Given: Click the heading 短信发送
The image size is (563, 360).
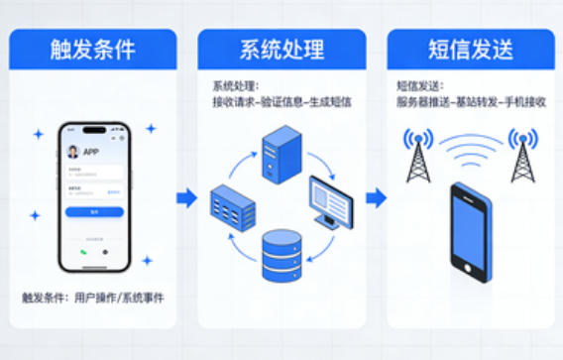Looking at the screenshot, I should pyautogui.click(x=469, y=50).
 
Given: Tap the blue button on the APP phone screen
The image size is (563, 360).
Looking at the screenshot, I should pyautogui.click(x=94, y=212).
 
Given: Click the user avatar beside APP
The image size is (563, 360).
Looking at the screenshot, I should pyautogui.click(x=72, y=152).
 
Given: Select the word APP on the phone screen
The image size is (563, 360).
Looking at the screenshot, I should pyautogui.click(x=91, y=152).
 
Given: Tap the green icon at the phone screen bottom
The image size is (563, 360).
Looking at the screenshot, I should pyautogui.click(x=84, y=252).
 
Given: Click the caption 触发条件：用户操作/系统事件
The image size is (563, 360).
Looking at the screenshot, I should pyautogui.click(x=92, y=298).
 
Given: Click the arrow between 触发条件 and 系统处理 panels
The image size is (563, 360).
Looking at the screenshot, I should pyautogui.click(x=186, y=198).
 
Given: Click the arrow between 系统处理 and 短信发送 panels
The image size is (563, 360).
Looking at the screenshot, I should pyautogui.click(x=376, y=198).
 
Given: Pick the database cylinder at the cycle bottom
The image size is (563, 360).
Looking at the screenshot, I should pyautogui.click(x=281, y=254).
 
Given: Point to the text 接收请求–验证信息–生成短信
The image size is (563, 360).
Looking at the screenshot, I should pyautogui.click(x=281, y=102).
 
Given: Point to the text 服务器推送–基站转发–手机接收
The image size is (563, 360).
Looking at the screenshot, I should pyautogui.click(x=469, y=102).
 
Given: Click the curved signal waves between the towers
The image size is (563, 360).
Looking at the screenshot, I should pyautogui.click(x=470, y=149).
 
